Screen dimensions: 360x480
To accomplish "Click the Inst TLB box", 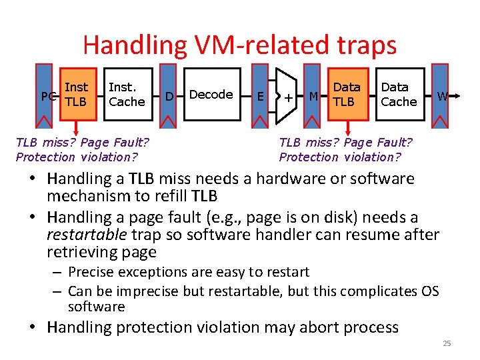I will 77,94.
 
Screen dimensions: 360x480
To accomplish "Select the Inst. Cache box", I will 127,94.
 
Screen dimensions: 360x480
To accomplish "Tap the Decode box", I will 211,94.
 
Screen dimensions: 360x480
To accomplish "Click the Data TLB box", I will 346,94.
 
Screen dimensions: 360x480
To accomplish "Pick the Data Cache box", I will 399,94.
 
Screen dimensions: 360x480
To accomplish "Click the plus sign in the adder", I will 288,97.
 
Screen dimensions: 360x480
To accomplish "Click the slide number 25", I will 447,343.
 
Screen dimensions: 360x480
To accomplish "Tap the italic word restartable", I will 89,235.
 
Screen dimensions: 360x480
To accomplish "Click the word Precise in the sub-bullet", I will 91,272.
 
